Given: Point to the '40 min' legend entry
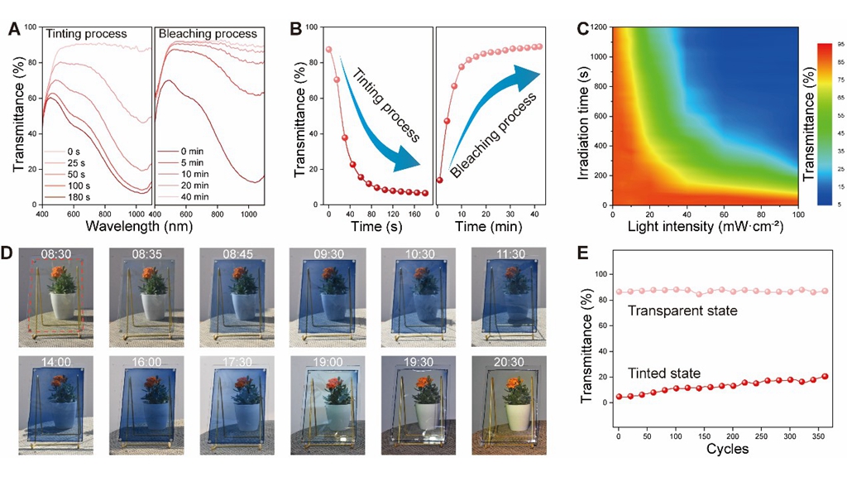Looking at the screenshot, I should pos(198,199).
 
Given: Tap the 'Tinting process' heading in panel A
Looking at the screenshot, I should pos(86,35).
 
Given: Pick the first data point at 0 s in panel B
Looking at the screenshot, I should pos(329,50).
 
